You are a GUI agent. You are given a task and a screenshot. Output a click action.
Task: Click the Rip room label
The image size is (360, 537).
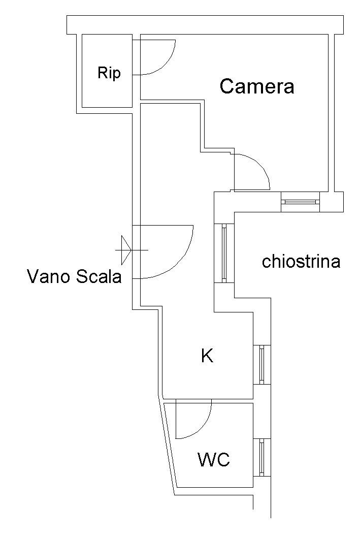(109, 74)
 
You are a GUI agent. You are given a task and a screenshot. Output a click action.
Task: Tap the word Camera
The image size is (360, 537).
(256, 86)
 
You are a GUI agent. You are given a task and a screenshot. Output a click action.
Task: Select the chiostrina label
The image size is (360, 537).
(301, 262)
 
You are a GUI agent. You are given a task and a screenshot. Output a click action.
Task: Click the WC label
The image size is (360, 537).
(214, 459)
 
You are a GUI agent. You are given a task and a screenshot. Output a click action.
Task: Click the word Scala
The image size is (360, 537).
(99, 276)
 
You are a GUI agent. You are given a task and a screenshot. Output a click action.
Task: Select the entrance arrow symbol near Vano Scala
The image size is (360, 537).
(126, 250)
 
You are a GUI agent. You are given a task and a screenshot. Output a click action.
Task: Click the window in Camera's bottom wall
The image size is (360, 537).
(300, 202)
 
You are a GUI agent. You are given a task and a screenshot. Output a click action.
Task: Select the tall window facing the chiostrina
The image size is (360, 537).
(224, 254)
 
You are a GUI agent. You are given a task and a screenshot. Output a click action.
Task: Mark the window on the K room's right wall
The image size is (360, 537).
(262, 364)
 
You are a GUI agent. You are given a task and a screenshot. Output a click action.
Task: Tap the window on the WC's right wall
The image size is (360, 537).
(262, 458)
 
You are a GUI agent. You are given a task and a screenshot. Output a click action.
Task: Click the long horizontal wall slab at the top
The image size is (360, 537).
(205, 25)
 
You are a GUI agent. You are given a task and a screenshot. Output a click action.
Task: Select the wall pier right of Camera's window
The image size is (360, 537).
(332, 202)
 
